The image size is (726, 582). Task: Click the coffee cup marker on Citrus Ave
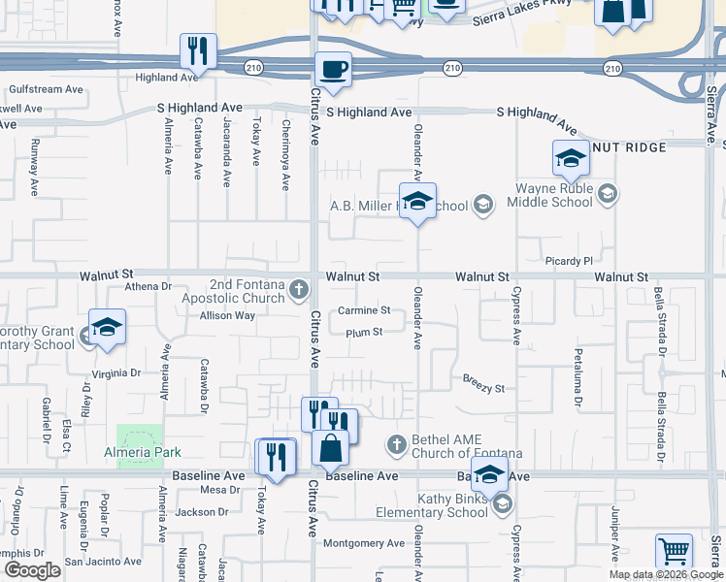click(333, 70)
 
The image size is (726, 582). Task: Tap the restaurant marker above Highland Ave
click(199, 51)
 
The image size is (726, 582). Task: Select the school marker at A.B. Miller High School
click(417, 202)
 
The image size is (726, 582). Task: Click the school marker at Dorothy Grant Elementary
click(107, 327)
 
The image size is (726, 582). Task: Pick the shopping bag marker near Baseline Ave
click(330, 448)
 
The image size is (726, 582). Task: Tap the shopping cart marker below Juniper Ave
click(674, 552)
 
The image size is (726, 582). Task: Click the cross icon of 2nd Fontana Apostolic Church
click(300, 287)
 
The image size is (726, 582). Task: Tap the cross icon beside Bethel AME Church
click(396, 445)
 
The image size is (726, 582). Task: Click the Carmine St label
click(364, 311)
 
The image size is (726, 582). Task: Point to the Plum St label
click(364, 333)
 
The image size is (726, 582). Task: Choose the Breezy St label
click(483, 389)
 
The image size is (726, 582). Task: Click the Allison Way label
click(227, 315)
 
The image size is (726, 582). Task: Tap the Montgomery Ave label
click(363, 544)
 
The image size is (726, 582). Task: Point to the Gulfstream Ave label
click(47, 89)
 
